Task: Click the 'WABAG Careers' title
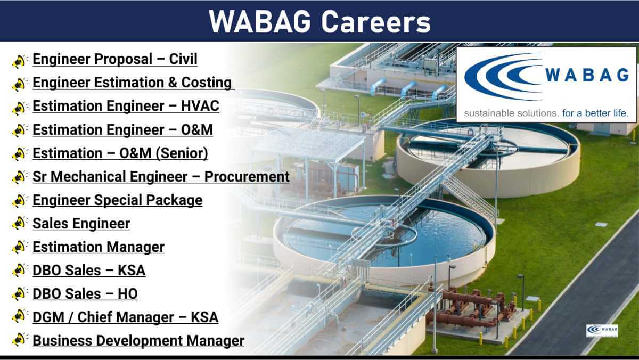click(x=319, y=22)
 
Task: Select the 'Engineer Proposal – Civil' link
click(x=115, y=59)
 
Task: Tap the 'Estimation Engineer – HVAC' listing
click(x=126, y=106)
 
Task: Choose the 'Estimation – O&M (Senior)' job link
click(x=120, y=153)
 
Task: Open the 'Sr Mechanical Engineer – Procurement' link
click(x=161, y=177)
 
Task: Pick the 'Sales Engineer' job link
click(x=81, y=223)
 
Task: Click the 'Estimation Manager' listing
click(x=99, y=247)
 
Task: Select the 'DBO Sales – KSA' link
click(x=89, y=271)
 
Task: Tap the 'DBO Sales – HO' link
click(x=85, y=294)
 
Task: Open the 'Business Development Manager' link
click(x=138, y=341)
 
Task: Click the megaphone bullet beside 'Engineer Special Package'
click(x=20, y=200)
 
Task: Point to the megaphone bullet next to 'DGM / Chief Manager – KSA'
click(x=20, y=316)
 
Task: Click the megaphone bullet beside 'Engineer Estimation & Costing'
click(x=20, y=84)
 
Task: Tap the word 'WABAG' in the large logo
click(x=587, y=75)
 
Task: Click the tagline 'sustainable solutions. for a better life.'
click(x=546, y=113)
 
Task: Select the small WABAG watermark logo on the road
click(x=602, y=330)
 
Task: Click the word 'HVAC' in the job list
click(x=200, y=106)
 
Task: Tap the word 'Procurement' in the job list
click(x=247, y=177)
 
